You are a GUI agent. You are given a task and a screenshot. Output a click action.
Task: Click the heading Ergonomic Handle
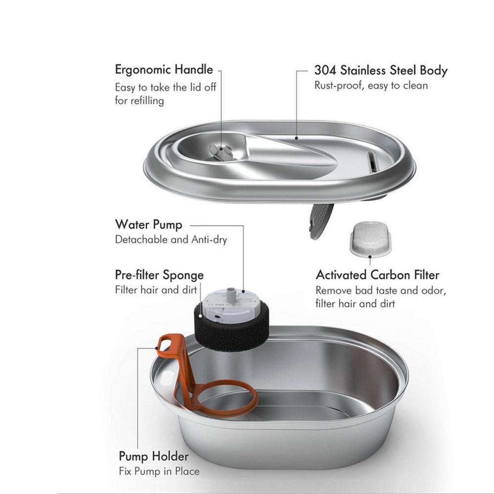(x=164, y=70)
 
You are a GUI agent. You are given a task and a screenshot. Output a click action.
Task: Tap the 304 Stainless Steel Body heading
(x=380, y=70)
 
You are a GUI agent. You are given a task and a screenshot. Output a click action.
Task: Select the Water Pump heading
(x=149, y=225)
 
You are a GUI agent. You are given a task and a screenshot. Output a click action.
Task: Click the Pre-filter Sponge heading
(x=159, y=275)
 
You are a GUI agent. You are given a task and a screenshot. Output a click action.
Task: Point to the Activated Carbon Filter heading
(x=377, y=275)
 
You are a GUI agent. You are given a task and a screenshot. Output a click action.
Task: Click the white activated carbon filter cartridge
(x=370, y=239)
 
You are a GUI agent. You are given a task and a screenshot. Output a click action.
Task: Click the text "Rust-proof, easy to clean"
(x=371, y=85)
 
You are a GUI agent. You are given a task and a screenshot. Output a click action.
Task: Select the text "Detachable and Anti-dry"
(x=171, y=240)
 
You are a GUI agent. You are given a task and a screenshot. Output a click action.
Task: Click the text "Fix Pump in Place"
(x=159, y=471)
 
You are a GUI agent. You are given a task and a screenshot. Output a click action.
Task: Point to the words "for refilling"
(x=139, y=101)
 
